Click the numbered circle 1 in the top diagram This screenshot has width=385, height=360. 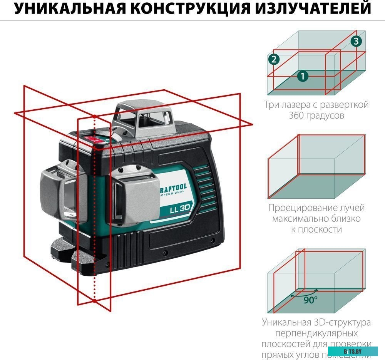coord(303,76)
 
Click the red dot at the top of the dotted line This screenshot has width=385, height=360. coord(94,116)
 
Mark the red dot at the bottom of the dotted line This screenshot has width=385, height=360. coord(94,301)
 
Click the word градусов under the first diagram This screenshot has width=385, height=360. coord(316,115)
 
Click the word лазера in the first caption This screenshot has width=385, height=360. coord(300,104)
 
